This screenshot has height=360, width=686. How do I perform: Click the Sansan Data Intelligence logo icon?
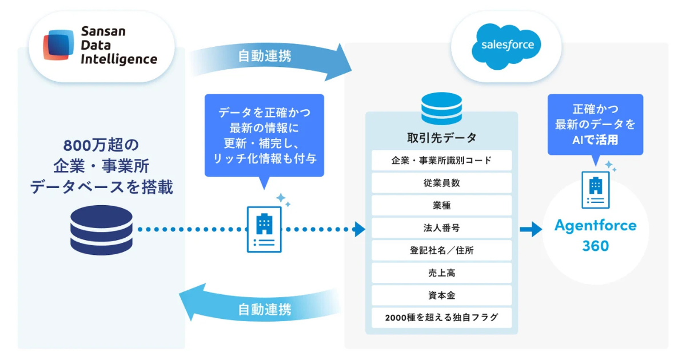point(59,45)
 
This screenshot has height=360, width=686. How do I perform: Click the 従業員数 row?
point(441,183)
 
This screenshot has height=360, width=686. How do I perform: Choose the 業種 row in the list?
point(441,205)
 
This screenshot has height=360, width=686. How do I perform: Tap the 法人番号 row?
point(441,228)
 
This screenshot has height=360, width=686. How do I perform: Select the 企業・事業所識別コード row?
point(441,160)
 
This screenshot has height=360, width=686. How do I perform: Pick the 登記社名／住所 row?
point(441,250)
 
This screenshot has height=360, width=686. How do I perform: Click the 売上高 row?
point(441,273)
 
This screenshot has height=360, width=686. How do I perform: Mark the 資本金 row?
point(441,295)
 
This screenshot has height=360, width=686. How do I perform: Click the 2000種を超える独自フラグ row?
point(441,318)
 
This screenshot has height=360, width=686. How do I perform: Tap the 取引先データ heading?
point(441,138)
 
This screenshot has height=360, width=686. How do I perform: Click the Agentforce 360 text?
point(595,235)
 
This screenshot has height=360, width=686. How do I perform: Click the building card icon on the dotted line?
point(264,229)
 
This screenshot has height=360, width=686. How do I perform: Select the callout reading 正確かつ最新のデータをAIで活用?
point(595,124)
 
